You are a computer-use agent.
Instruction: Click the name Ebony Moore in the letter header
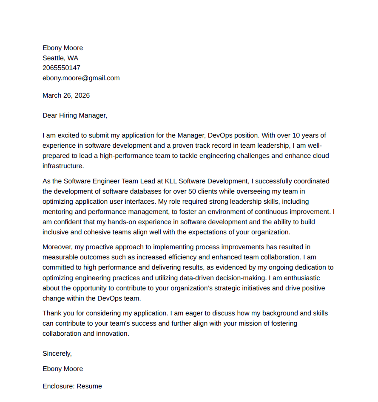[x=63, y=48]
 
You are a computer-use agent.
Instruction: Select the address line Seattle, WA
[x=60, y=58]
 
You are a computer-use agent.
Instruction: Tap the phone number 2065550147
[x=61, y=68]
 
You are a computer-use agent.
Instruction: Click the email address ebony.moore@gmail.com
[x=81, y=78]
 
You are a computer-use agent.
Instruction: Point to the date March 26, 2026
[x=66, y=96]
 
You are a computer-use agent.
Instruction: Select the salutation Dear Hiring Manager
[x=75, y=115]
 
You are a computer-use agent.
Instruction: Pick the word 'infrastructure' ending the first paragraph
[x=63, y=166]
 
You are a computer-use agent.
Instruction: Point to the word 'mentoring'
[x=58, y=211]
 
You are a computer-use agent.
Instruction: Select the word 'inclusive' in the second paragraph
[x=57, y=232]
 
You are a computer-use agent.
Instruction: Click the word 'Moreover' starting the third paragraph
[x=57, y=247]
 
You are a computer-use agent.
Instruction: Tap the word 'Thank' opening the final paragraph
[x=51, y=313]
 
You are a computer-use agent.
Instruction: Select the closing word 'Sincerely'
[x=57, y=353]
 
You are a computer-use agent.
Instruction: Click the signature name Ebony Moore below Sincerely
[x=63, y=369]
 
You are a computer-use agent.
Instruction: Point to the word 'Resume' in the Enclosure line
[x=89, y=386]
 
